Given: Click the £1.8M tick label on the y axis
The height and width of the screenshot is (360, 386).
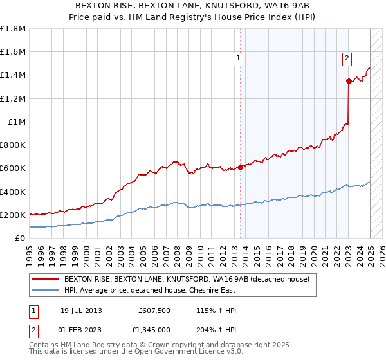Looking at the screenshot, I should click(x=13, y=29).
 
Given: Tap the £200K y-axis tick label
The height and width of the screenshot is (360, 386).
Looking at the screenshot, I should click(x=13, y=215).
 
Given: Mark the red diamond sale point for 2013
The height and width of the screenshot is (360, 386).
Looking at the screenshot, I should click(x=240, y=167).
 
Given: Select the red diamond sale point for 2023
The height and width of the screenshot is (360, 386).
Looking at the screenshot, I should click(x=349, y=81).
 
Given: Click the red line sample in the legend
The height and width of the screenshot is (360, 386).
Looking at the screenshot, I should click(x=46, y=279).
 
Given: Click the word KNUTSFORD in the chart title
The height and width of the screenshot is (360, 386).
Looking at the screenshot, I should click(x=214, y=6).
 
